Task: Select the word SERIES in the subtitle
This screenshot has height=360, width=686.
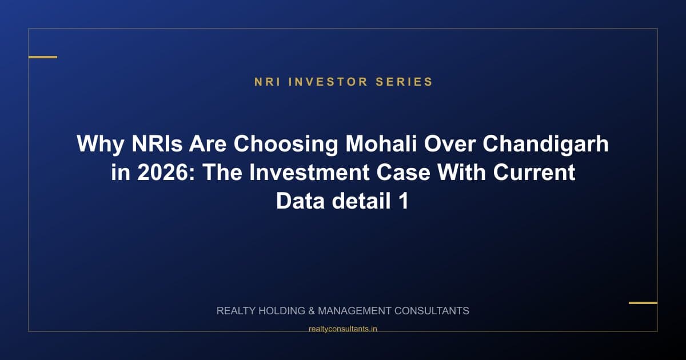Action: [404, 82]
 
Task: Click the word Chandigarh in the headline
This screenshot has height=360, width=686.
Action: [546, 144]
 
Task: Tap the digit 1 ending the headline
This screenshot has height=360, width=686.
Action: [403, 201]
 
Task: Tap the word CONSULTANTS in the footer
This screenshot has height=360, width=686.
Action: [430, 311]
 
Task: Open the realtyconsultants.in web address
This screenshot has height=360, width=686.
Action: [342, 329]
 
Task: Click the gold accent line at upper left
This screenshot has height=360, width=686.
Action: [43, 57]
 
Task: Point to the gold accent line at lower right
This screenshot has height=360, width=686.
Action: [643, 303]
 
